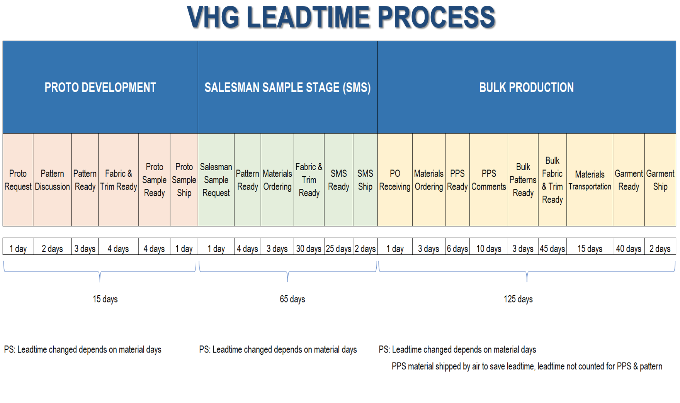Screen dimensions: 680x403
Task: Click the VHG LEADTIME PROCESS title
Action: (x=341, y=17)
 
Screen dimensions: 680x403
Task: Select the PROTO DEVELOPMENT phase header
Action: (x=100, y=87)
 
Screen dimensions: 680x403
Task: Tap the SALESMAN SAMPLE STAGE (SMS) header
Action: (x=288, y=87)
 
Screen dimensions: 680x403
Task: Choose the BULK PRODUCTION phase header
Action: (x=527, y=87)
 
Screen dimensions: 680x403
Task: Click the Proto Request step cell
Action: (x=18, y=180)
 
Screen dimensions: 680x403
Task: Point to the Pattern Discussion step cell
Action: (x=53, y=180)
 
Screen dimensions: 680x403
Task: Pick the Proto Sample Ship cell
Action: (x=184, y=180)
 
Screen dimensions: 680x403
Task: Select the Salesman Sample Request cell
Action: (x=216, y=180)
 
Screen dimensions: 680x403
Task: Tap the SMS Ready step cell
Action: (x=338, y=180)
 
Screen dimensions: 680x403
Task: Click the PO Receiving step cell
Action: (x=395, y=180)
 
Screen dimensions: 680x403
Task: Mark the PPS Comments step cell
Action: (x=489, y=180)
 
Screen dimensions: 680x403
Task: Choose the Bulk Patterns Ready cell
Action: (x=523, y=180)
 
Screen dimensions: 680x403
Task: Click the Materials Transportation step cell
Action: (x=590, y=180)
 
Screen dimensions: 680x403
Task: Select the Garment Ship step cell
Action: (x=660, y=180)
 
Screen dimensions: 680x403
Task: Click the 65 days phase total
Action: (x=292, y=299)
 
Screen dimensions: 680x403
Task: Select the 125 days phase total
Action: (x=518, y=299)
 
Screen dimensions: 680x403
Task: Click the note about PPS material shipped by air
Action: (x=527, y=366)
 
